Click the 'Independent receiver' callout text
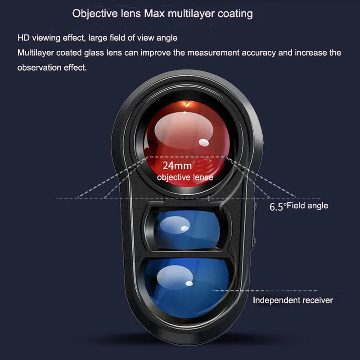(x=292, y=300)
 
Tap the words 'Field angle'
(x=308, y=206)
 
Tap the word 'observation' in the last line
(x=38, y=67)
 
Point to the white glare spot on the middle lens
(x=184, y=229)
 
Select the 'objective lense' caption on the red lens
(x=185, y=178)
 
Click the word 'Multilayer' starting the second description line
(x=35, y=53)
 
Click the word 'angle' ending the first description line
(x=166, y=38)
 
